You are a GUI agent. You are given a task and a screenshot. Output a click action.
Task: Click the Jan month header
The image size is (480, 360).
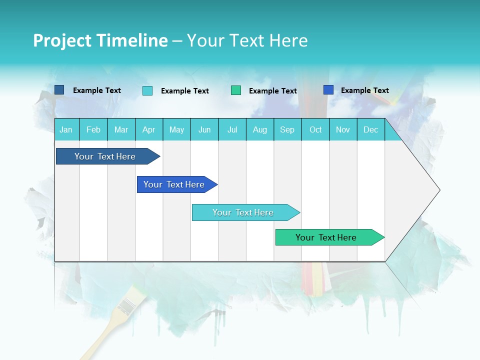(66, 129)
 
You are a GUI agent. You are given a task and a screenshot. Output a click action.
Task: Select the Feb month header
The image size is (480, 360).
(93, 129)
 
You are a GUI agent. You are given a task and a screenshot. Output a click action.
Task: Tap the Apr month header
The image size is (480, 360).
(148, 129)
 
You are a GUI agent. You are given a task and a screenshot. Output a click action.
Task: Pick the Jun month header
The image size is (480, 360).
(204, 129)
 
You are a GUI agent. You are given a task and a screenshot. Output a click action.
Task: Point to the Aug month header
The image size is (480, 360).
(259, 129)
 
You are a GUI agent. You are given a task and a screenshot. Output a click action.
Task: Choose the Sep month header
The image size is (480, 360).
(287, 129)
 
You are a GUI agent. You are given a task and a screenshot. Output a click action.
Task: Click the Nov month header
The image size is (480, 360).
(343, 129)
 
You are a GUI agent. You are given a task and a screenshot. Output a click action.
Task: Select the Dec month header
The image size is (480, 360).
(370, 129)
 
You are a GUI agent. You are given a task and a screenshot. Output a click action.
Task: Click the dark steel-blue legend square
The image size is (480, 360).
(59, 90)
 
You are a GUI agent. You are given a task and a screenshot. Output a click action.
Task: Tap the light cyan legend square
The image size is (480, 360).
(147, 90)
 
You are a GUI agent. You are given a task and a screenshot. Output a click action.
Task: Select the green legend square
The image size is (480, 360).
(236, 90)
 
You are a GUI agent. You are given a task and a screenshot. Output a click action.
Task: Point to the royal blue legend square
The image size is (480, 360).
(328, 90)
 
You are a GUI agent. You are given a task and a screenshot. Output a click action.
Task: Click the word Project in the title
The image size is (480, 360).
(62, 40)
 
